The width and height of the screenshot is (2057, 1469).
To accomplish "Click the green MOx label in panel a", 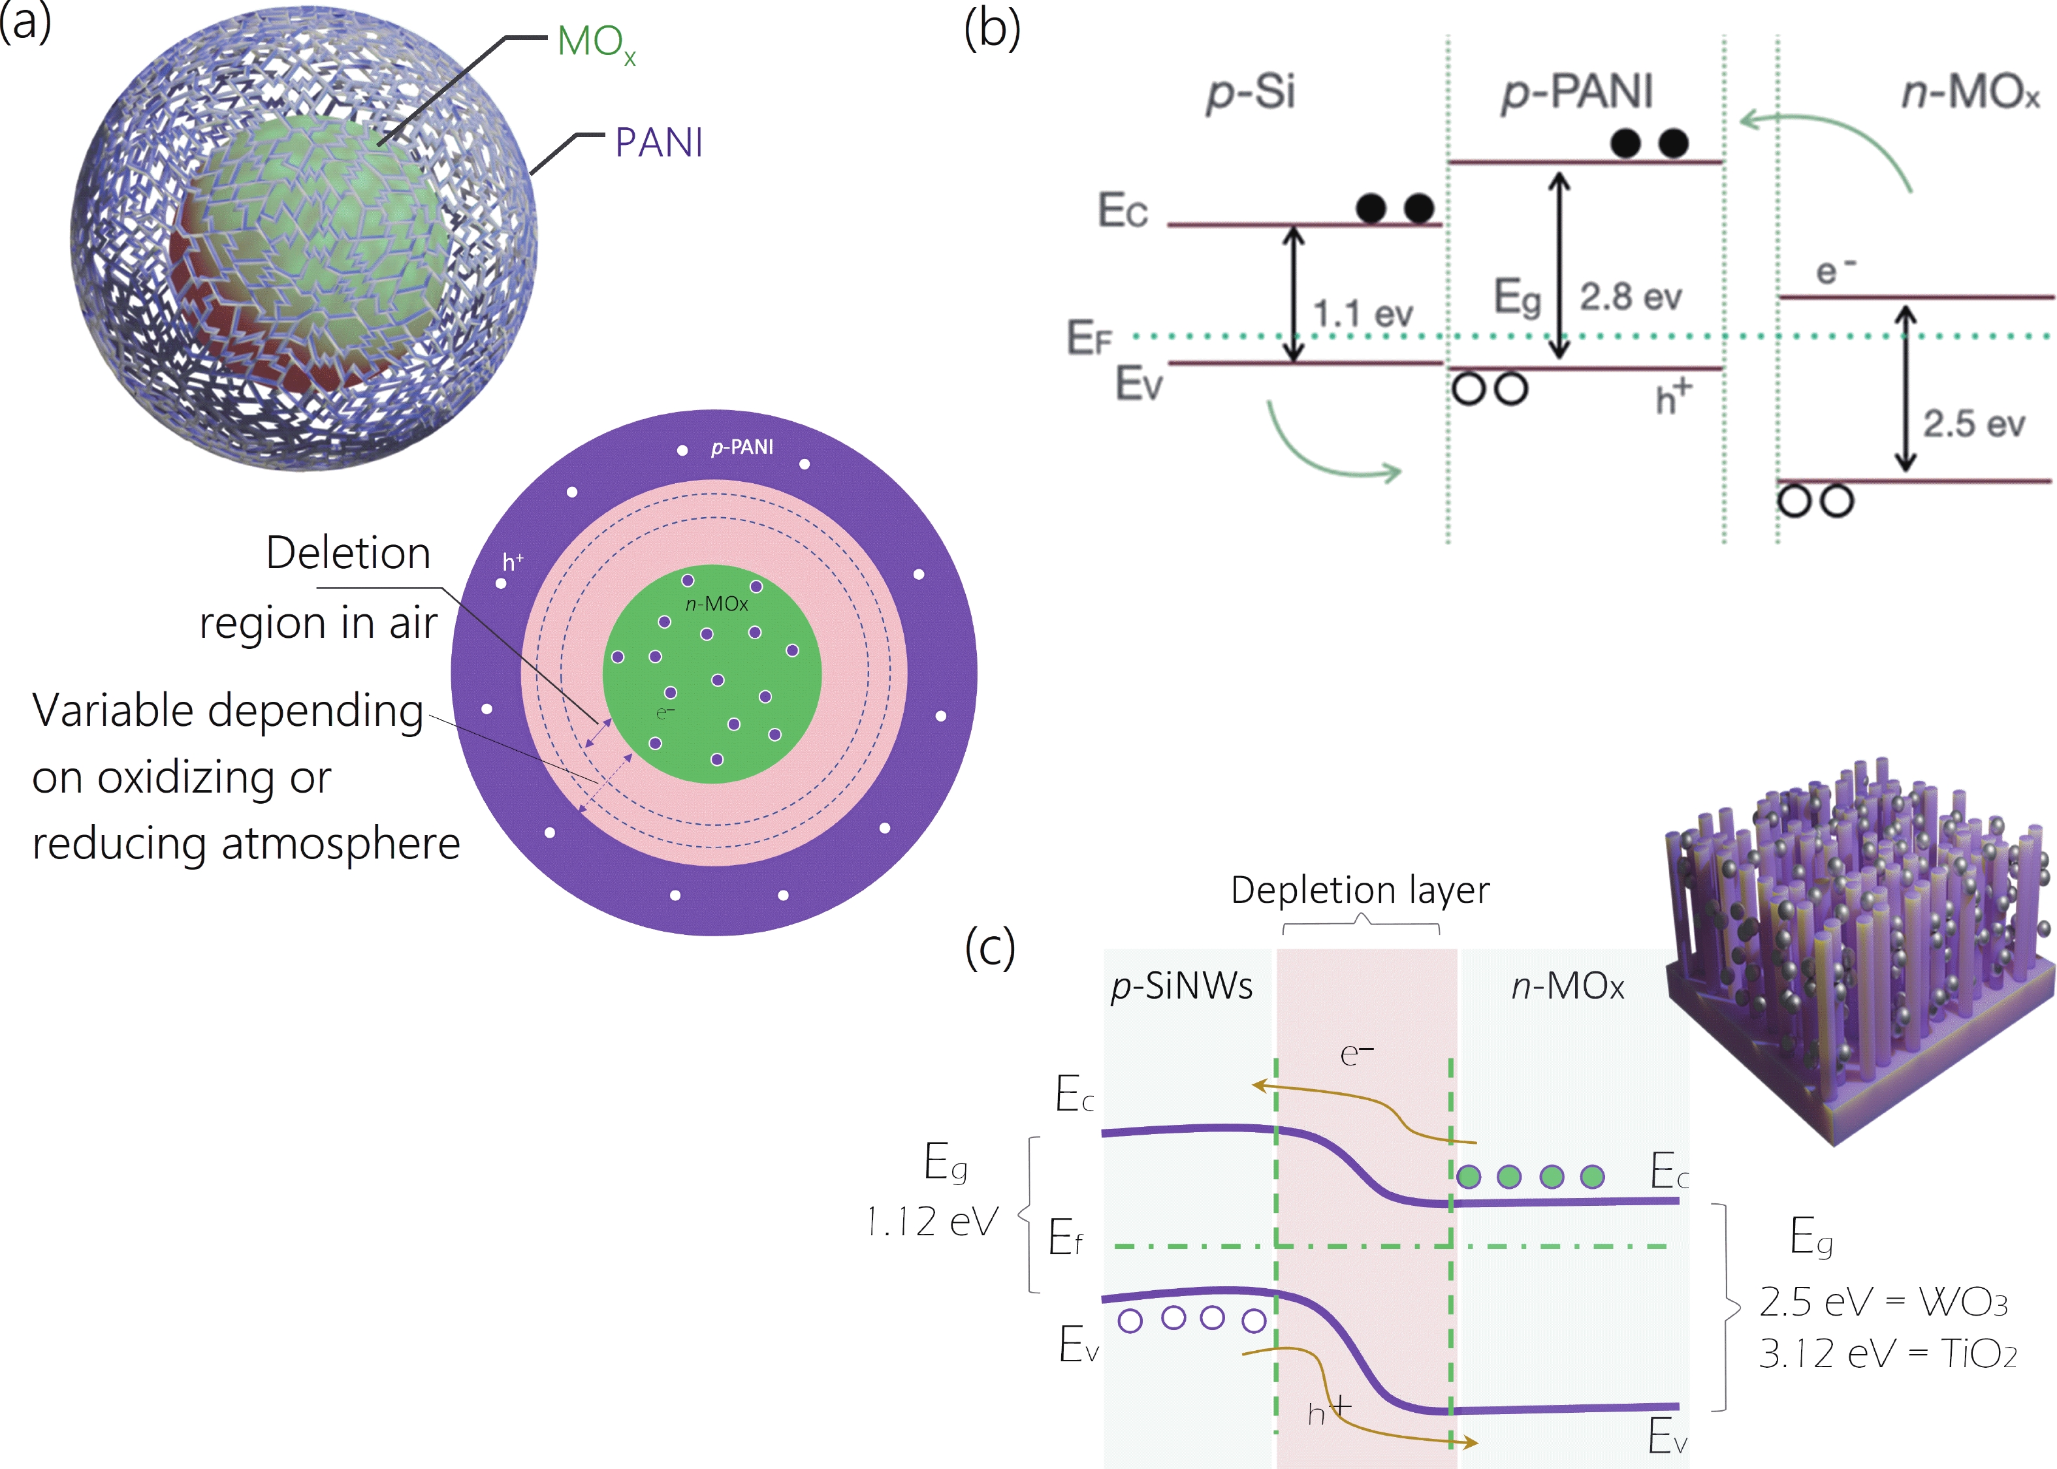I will tap(595, 44).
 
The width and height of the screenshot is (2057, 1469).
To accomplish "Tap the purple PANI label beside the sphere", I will tap(658, 143).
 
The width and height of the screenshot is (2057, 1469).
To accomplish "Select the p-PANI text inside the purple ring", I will tap(742, 447).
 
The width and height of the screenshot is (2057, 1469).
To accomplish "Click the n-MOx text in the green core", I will tap(716, 604).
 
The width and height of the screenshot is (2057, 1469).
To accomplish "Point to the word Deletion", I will tap(348, 553).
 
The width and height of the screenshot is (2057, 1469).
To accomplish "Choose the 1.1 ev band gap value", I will tap(1362, 315).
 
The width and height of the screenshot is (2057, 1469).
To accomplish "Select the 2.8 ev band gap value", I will tap(1630, 296).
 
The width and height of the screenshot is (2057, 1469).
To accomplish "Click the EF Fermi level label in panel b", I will tap(1088, 338).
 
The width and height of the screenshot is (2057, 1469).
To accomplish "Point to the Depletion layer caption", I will tap(1360, 890).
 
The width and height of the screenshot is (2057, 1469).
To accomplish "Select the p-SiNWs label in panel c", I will tap(1181, 985).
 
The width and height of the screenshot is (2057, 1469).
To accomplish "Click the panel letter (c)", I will tap(989, 947).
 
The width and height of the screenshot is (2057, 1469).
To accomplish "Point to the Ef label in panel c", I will tap(1064, 1237).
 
